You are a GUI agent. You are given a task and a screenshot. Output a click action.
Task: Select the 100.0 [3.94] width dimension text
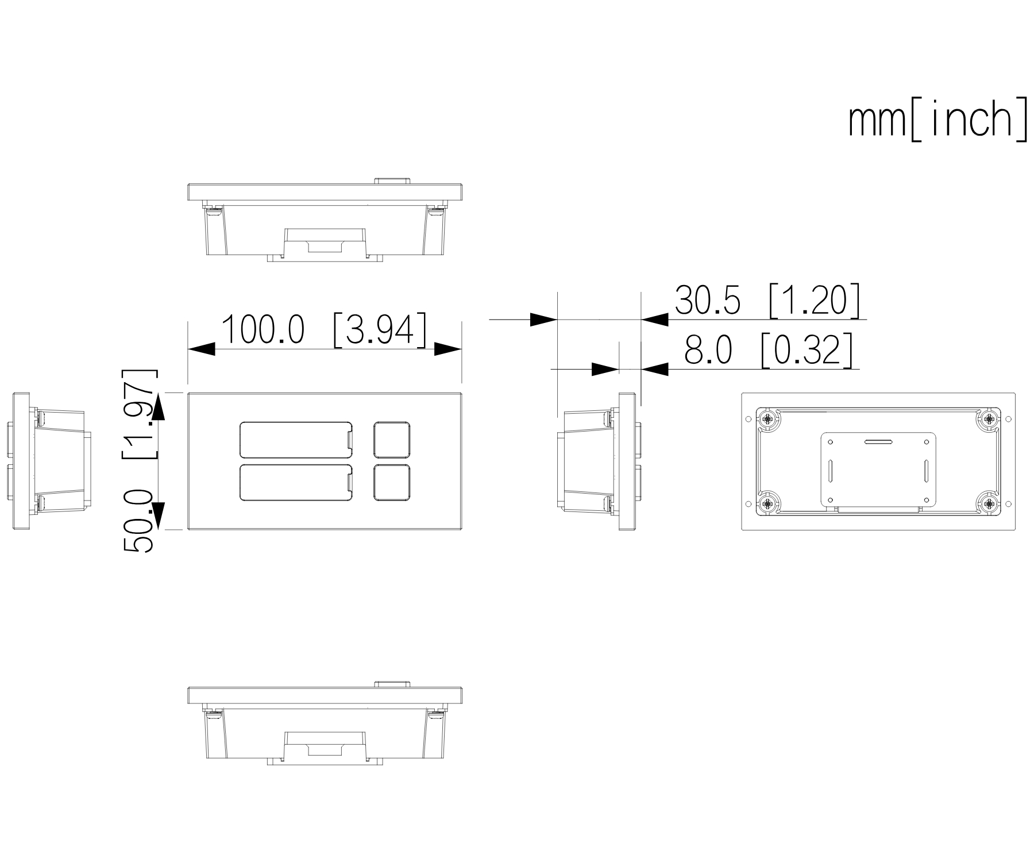pyautogui.click(x=324, y=330)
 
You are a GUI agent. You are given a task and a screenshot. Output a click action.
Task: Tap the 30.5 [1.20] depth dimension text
pyautogui.click(x=767, y=300)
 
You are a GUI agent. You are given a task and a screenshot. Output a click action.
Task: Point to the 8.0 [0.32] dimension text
pyautogui.click(x=769, y=350)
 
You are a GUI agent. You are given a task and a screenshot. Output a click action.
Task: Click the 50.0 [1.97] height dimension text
pyautogui.click(x=140, y=460)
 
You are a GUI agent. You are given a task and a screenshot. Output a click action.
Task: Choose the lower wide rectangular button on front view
pyautogui.click(x=296, y=482)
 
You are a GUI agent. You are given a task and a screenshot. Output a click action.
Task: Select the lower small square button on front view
pyautogui.click(x=392, y=482)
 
